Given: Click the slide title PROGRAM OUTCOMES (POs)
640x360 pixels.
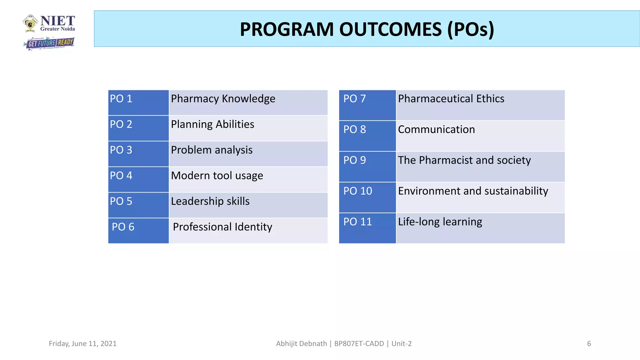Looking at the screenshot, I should (x=367, y=29).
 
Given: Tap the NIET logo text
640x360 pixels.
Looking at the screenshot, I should (x=57, y=21).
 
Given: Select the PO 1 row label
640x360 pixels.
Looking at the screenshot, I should (x=121, y=99).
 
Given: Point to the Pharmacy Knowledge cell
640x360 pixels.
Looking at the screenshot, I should (x=223, y=99).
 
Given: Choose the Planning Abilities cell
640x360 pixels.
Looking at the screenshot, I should (x=212, y=124).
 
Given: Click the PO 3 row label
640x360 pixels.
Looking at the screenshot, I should (x=121, y=150).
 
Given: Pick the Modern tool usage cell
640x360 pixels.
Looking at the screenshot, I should (x=217, y=176).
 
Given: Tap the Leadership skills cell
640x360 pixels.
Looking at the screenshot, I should (x=210, y=201).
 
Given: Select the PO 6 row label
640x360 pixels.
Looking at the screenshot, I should (x=123, y=227).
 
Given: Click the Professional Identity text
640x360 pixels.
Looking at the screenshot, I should (x=222, y=227).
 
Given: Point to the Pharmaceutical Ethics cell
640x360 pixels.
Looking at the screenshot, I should (x=451, y=99).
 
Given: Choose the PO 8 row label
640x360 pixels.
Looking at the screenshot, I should (x=355, y=129).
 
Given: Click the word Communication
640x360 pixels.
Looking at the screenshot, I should (x=436, y=129).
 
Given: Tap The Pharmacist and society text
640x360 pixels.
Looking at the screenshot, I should (x=464, y=160).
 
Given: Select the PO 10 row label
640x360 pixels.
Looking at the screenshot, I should (x=358, y=191).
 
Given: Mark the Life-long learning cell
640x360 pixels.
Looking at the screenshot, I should (x=440, y=222).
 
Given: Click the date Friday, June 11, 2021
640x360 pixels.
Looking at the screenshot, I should (x=82, y=344).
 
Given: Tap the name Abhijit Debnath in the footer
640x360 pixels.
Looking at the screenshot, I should (x=301, y=344).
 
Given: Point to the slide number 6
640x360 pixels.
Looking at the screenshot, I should (x=589, y=344).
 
